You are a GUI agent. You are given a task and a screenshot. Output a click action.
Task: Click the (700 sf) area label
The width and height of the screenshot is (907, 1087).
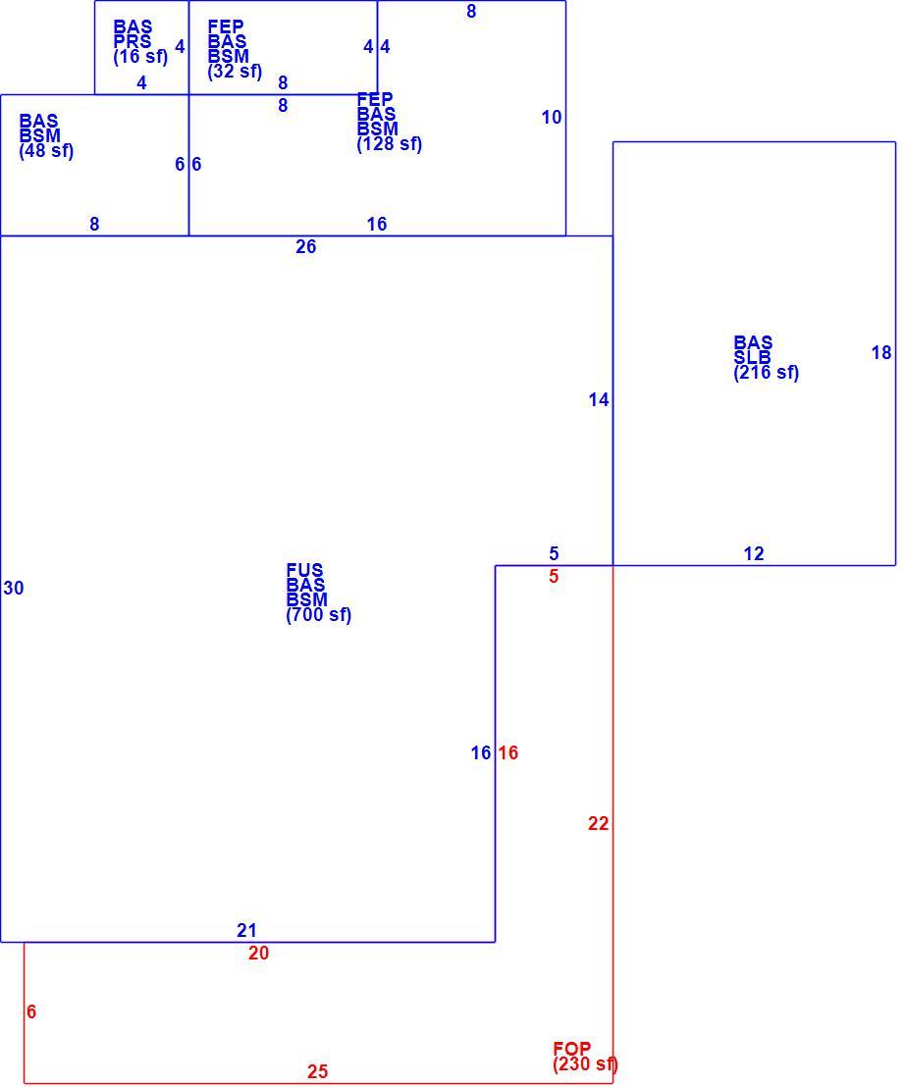click(x=319, y=615)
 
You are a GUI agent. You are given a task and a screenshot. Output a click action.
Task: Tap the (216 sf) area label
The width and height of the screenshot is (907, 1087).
click(x=767, y=372)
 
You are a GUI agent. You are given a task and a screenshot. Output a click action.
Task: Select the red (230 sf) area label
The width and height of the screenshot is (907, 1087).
click(x=585, y=1063)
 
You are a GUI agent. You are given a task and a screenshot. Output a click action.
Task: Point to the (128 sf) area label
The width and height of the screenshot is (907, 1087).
click(x=390, y=143)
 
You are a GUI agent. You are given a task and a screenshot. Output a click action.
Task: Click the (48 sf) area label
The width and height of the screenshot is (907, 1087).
click(x=46, y=150)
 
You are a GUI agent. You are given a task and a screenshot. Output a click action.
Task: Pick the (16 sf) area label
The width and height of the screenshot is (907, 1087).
click(x=140, y=57)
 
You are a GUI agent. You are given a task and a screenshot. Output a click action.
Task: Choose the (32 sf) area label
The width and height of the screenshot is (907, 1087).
click(x=235, y=72)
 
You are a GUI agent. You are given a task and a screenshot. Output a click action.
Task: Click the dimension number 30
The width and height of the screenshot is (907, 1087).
click(x=14, y=588)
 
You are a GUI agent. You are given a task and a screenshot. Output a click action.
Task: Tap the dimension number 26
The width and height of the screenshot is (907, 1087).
click(x=306, y=247)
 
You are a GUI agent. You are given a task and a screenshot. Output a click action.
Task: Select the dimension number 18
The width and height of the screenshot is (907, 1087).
click(x=881, y=353)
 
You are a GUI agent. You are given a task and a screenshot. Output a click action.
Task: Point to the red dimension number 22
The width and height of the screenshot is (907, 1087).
click(x=599, y=823)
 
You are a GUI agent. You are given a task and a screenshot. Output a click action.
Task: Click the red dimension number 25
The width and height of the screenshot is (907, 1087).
click(x=318, y=1071)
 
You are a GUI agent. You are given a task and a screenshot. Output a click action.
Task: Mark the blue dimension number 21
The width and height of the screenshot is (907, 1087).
click(x=246, y=930)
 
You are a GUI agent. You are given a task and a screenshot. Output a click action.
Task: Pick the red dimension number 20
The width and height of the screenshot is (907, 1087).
click(x=258, y=954)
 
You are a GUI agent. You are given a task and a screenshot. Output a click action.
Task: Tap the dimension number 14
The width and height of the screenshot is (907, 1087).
click(x=599, y=400)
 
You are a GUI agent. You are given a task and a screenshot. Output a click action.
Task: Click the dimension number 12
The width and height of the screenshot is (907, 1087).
click(x=754, y=554)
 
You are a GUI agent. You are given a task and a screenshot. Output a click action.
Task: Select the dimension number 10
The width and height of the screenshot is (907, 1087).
click(x=552, y=118)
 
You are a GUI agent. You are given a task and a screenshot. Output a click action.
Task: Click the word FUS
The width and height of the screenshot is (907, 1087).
click(x=305, y=570)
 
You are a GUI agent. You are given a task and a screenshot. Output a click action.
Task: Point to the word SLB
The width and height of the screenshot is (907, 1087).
click(x=752, y=358)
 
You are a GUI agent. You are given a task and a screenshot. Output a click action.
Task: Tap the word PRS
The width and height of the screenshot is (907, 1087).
click(x=133, y=41)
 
